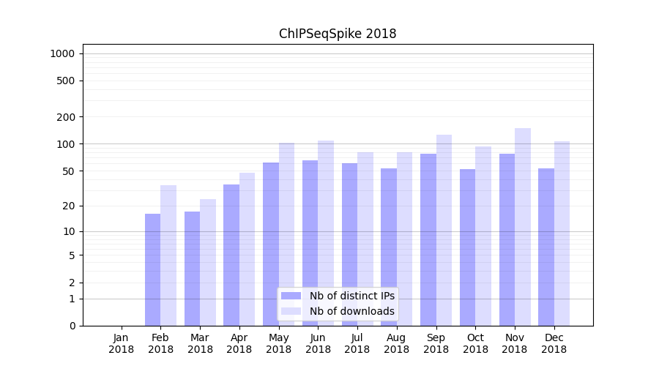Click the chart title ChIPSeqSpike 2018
pos(338,34)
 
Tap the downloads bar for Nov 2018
pos(523,227)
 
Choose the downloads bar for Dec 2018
pos(562,234)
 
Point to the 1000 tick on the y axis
pos(63,53)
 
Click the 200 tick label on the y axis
pos(66,117)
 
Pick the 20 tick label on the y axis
pos(69,206)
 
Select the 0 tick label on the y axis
pos(72,326)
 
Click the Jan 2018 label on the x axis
pos(122,343)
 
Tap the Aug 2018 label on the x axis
pos(397,343)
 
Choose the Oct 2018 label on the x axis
pos(475,343)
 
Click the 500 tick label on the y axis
pos(66,81)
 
